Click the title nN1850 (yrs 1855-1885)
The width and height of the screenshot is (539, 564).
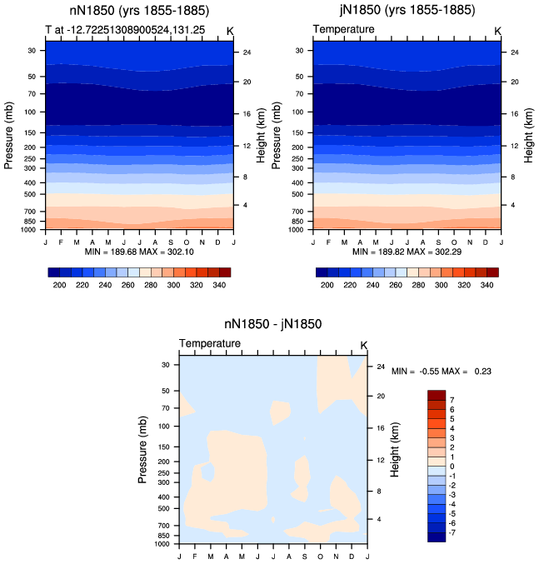point(139,11)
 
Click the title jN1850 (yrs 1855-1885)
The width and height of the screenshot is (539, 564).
point(407,10)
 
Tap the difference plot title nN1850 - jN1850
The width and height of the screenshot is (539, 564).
point(273,324)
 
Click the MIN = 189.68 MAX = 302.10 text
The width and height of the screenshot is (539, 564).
point(139,252)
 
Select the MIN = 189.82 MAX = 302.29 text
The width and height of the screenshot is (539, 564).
point(407,252)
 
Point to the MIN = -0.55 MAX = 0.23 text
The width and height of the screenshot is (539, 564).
point(442,372)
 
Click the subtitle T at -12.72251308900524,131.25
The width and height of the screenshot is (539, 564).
point(125,29)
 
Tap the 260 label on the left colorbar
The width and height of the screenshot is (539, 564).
point(128,285)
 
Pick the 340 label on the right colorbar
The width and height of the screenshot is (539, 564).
point(487,285)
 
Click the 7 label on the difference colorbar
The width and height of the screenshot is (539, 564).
point(452,400)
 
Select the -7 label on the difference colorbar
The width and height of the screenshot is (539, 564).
point(452,532)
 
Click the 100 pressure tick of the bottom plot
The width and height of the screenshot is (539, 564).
point(163,427)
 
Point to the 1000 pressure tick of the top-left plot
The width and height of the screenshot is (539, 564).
point(28,230)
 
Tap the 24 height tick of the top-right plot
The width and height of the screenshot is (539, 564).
point(515,52)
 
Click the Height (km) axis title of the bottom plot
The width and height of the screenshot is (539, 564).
point(395,450)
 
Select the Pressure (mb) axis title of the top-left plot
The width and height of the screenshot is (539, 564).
point(8,135)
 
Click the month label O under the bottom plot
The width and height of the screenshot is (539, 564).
point(320,557)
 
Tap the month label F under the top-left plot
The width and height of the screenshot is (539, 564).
point(61,242)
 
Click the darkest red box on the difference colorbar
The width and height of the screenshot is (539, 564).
point(437,395)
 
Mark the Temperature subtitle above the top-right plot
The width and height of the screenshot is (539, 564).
point(343,29)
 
